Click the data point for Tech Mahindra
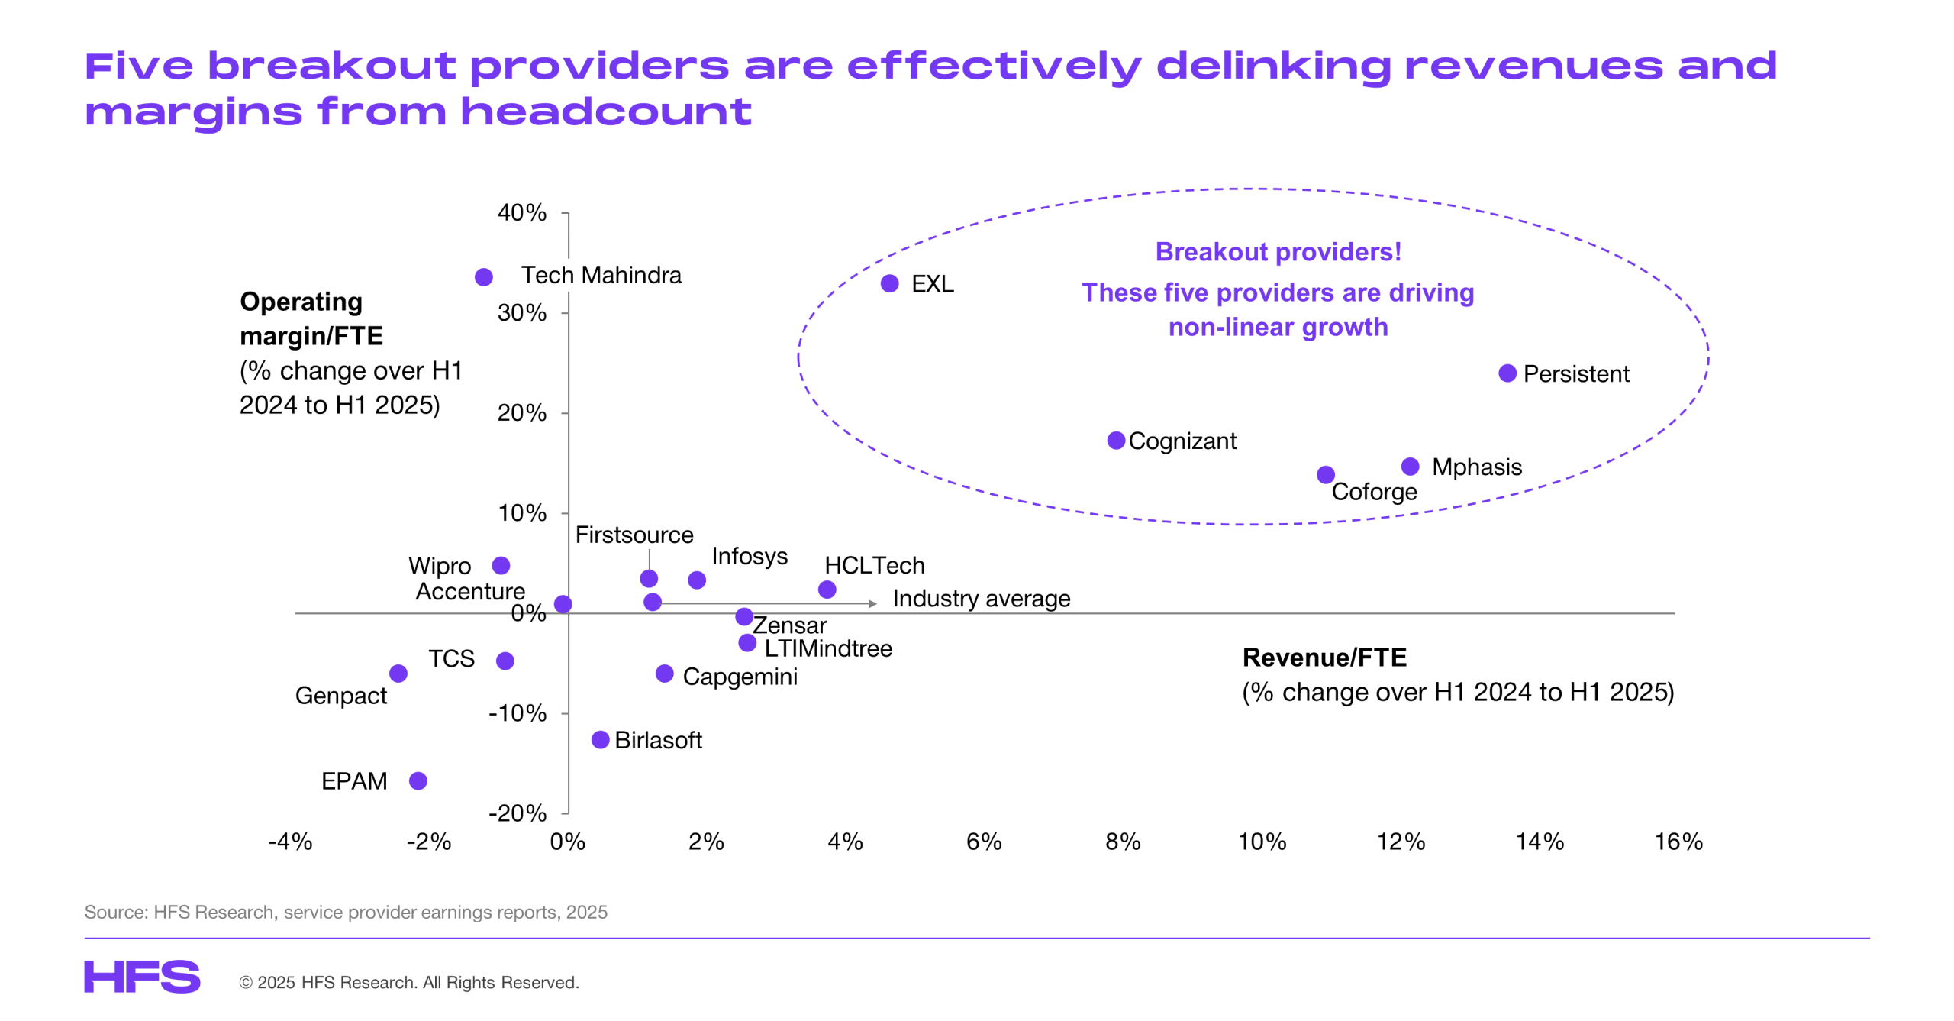click(x=483, y=276)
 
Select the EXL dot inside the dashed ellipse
click(x=889, y=283)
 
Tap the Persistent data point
click(x=1507, y=373)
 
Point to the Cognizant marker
click(x=1116, y=440)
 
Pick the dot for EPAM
click(x=418, y=780)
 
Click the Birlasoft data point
click(x=601, y=739)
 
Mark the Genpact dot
click(x=398, y=673)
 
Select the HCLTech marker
click(x=827, y=589)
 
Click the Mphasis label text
click(x=1476, y=467)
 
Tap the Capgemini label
click(x=740, y=676)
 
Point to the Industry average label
click(x=981, y=598)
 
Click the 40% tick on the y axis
click(x=522, y=212)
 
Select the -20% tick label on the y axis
click(x=518, y=813)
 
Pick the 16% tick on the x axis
click(x=1678, y=842)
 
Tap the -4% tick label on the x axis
click(x=290, y=842)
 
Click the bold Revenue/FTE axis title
click(x=1324, y=657)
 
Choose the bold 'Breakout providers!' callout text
click(x=1278, y=251)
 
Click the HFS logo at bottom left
click(x=142, y=977)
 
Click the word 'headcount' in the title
click(x=606, y=112)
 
